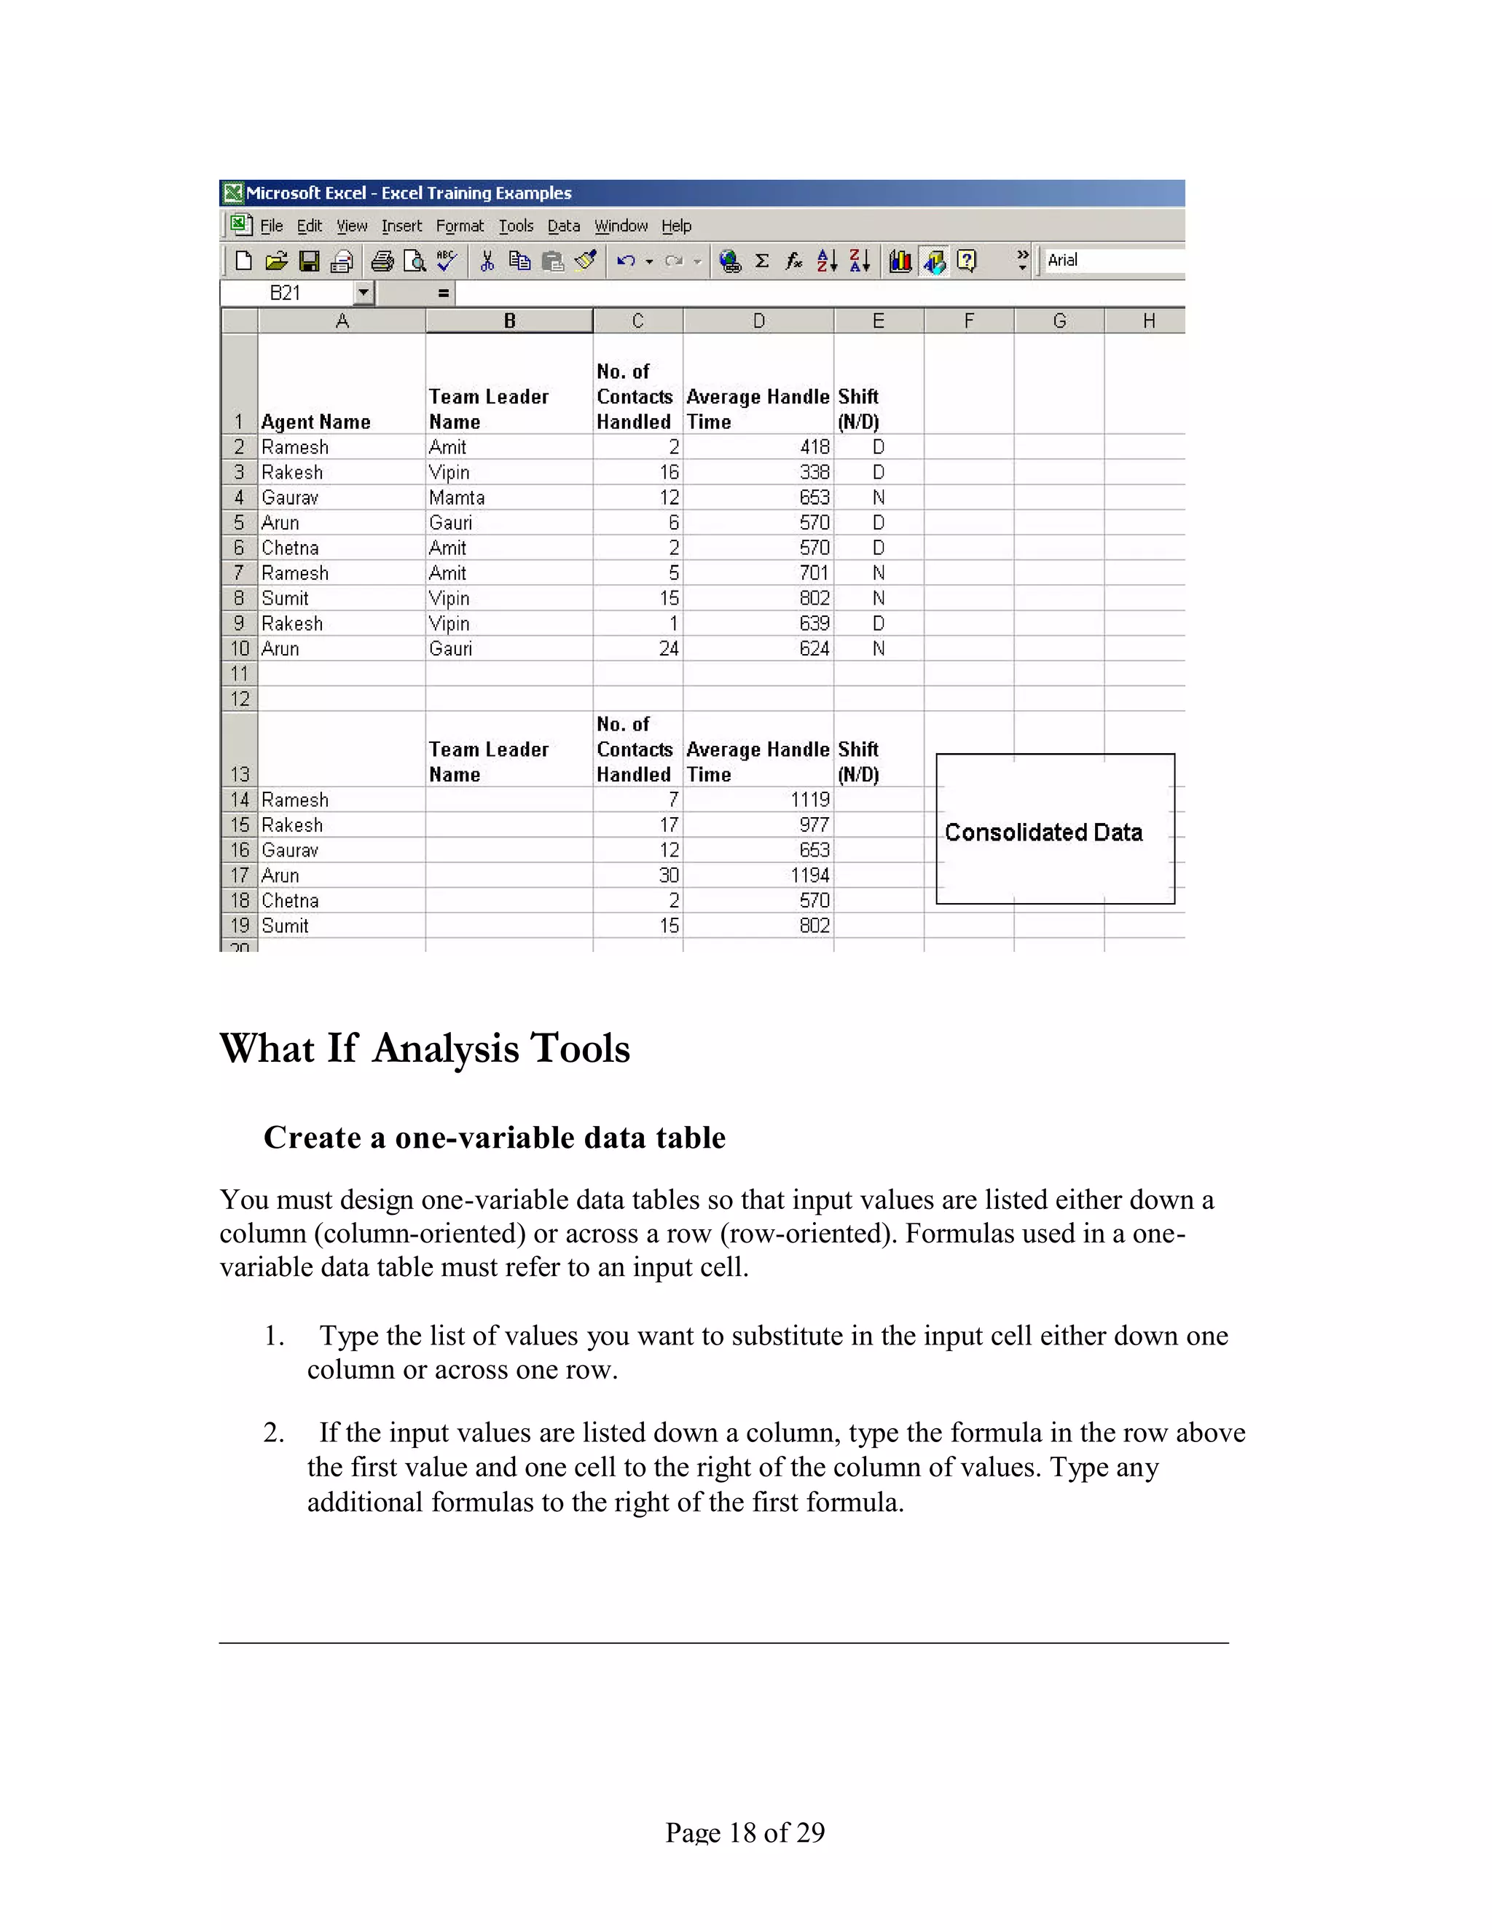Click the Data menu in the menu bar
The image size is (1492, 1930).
click(x=563, y=227)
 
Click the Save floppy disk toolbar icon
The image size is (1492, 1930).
click(x=308, y=261)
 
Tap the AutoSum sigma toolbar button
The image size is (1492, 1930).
click(x=762, y=261)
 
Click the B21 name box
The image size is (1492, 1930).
click(x=286, y=294)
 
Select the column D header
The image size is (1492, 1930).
click(x=758, y=320)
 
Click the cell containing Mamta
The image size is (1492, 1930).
click(x=457, y=497)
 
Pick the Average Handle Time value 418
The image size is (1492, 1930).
click(x=814, y=447)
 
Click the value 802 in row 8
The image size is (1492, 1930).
click(x=814, y=598)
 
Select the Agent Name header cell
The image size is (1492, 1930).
click(x=315, y=422)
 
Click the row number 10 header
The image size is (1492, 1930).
click(x=240, y=649)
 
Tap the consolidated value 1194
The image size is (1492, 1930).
click(x=809, y=875)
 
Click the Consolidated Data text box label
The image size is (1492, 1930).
click(x=1043, y=832)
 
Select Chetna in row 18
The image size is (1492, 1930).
click(x=290, y=900)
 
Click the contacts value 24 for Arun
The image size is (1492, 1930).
click(x=668, y=649)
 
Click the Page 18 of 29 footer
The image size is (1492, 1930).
click(x=745, y=1832)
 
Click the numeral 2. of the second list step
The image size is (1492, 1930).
click(x=274, y=1433)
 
